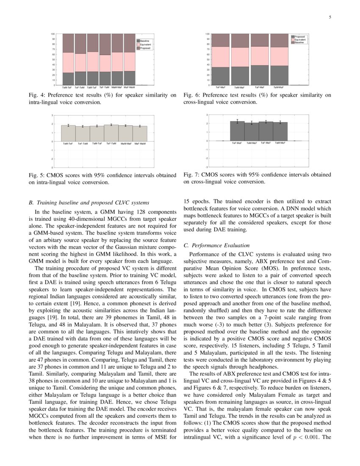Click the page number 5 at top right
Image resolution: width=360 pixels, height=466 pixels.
(x=330, y=17)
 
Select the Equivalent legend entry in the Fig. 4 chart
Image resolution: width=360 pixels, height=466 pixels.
(x=145, y=44)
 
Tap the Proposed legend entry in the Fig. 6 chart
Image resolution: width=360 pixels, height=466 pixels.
(x=299, y=37)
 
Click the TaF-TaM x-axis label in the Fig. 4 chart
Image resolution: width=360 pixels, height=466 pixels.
(x=105, y=88)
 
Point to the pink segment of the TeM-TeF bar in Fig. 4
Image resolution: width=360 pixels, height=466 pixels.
(x=68, y=63)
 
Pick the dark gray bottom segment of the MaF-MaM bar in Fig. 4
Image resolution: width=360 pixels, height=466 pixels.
(x=129, y=78)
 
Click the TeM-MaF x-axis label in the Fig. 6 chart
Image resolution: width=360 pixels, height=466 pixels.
(x=240, y=88)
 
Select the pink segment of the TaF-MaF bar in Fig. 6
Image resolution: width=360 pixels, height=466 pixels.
(x=259, y=56)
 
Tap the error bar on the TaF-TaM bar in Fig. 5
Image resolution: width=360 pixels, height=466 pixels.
(x=111, y=125)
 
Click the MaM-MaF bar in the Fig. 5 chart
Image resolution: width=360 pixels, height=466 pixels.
(x=125, y=133)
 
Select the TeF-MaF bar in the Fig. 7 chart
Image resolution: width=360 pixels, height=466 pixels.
(x=237, y=131)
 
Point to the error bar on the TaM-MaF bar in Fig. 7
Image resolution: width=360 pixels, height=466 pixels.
(x=280, y=122)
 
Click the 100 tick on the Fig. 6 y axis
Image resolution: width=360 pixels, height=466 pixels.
(x=208, y=34)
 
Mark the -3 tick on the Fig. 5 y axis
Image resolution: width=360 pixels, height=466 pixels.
(x=52, y=167)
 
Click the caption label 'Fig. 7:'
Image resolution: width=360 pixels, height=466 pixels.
(x=191, y=175)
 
